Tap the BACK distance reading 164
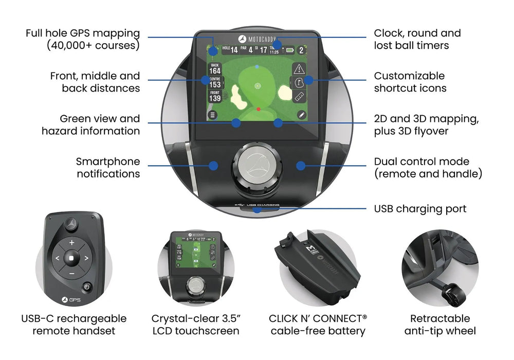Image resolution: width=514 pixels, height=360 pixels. [215, 71]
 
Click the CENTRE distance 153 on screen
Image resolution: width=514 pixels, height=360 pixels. [215, 84]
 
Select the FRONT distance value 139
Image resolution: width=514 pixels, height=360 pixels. [215, 98]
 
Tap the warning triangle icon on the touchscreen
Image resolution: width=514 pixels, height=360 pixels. [300, 69]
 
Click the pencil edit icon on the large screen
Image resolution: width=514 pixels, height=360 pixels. [301, 114]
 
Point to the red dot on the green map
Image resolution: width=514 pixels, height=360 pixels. [258, 110]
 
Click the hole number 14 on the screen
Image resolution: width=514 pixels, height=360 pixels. [234, 50]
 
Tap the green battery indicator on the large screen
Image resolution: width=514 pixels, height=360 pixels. [290, 50]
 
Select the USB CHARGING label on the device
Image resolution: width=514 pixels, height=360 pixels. [263, 206]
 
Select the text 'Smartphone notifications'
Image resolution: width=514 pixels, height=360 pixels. [108, 168]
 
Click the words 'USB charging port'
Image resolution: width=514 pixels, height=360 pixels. [420, 209]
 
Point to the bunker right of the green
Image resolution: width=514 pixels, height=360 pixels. [285, 93]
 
